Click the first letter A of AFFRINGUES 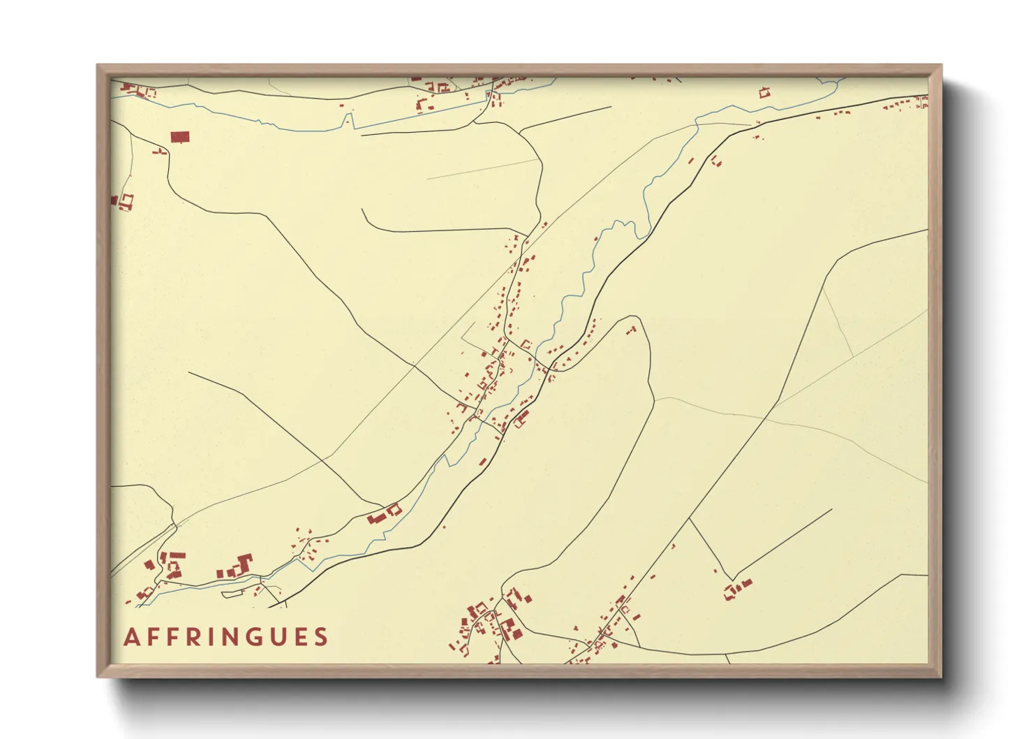(131, 637)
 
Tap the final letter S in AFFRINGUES (321, 637)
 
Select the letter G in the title (251, 637)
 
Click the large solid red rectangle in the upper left (180, 137)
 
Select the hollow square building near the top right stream (764, 92)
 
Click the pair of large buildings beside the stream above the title (385, 514)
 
